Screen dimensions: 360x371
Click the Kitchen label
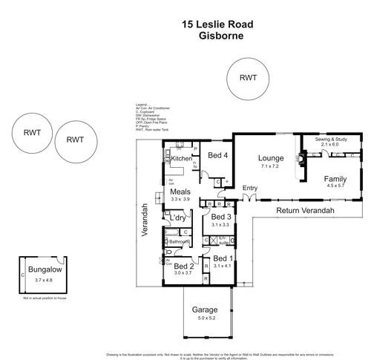coord(182,159)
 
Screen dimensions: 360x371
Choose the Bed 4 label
coord(217,156)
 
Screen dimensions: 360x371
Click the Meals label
coord(181,192)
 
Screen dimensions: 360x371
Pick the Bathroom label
coord(178,242)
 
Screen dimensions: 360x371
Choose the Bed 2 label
coord(183,266)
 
